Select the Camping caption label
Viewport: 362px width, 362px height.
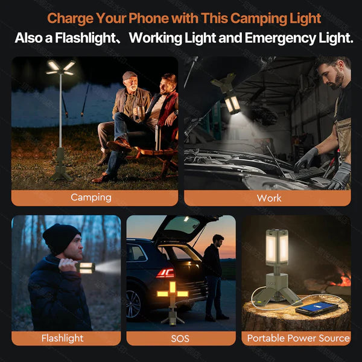tap(91, 197)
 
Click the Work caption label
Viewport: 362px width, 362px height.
tap(269, 197)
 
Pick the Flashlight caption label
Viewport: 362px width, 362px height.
tap(62, 338)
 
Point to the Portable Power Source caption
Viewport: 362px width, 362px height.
tap(298, 338)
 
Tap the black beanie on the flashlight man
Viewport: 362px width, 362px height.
tap(60, 238)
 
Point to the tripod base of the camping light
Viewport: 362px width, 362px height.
tap(62, 170)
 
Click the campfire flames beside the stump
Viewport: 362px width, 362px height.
tap(342, 279)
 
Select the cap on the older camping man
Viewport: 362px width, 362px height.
tap(130, 75)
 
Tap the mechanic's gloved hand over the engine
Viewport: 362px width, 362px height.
tap(308, 158)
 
